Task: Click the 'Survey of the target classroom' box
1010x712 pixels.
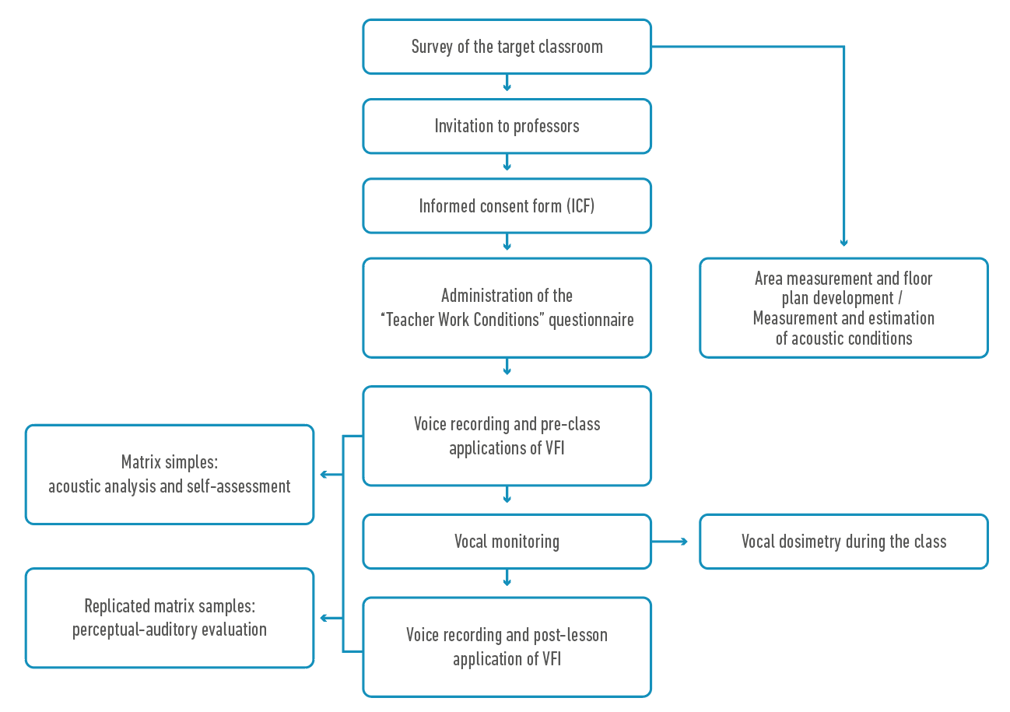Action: [507, 47]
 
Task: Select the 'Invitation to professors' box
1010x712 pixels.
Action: [507, 126]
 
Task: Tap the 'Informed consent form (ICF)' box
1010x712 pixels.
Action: [507, 205]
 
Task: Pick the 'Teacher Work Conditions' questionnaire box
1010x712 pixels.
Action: [507, 307]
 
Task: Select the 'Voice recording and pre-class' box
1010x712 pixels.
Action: [507, 436]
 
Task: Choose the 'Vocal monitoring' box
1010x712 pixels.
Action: [507, 542]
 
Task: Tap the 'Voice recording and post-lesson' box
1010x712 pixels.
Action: [507, 647]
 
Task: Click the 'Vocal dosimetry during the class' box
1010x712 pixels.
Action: [843, 542]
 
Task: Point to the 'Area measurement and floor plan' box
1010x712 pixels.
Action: [843, 307]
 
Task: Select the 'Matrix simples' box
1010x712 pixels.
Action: [170, 474]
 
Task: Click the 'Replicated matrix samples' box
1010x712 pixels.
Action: [170, 617]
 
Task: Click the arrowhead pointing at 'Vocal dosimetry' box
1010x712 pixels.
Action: [684, 542]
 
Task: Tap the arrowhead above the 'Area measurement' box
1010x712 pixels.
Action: [843, 244]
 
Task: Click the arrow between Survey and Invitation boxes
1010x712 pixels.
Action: [507, 85]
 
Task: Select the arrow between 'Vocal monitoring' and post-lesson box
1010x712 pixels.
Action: [507, 580]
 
